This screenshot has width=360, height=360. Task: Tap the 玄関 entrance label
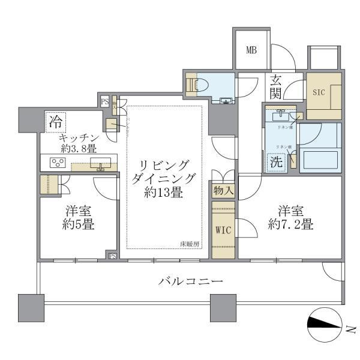pyautogui.click(x=277, y=86)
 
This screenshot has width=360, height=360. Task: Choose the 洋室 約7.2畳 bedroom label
pyautogui.click(x=290, y=218)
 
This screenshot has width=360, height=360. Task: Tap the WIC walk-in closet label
pyautogui.click(x=223, y=230)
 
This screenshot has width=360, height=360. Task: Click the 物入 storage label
pyautogui.click(x=223, y=191)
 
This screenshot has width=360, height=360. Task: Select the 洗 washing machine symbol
pyautogui.click(x=275, y=162)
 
